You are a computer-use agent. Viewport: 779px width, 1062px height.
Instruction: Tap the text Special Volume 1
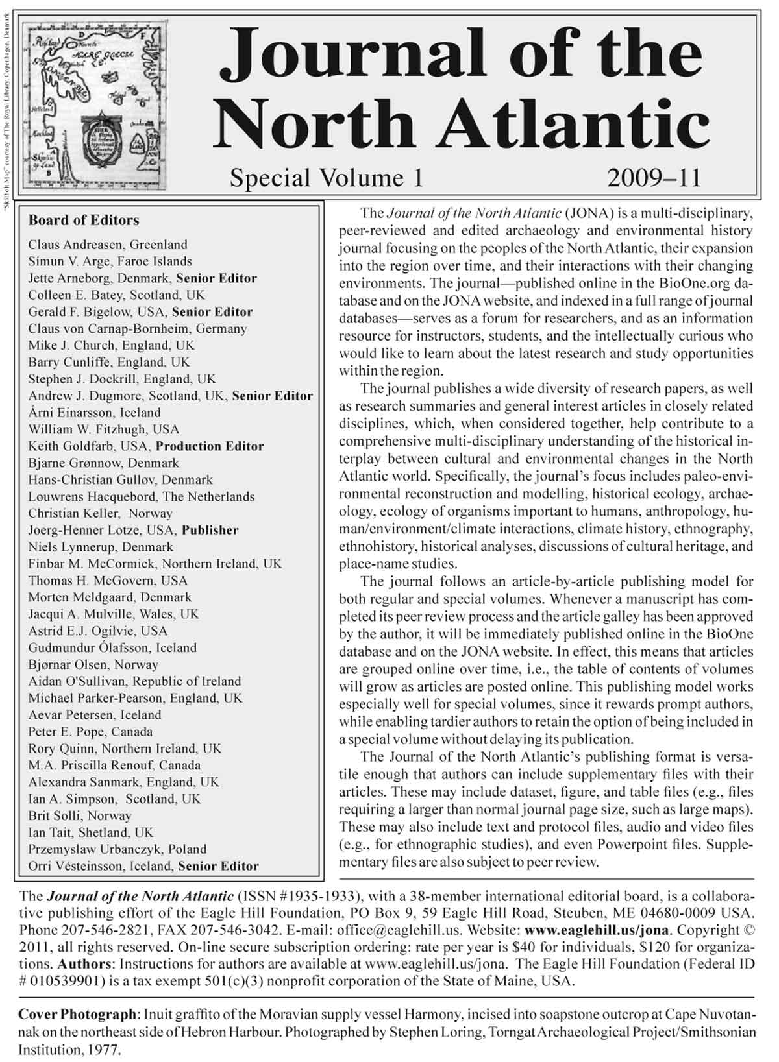326,177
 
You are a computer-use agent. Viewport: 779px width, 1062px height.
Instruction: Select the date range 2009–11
654,177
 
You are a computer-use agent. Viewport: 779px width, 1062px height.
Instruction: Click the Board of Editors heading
83,220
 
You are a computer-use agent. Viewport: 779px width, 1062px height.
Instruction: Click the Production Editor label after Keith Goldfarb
210,446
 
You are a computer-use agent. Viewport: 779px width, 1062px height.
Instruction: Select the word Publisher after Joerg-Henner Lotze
210,530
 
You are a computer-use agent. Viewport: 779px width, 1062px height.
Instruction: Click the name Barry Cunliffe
69,362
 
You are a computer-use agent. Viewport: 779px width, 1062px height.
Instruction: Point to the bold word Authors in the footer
85,964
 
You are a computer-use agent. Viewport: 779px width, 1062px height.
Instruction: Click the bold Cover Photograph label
78,1014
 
